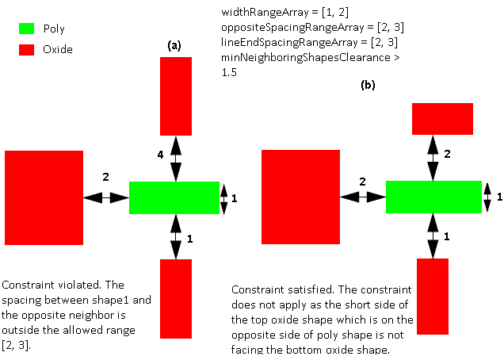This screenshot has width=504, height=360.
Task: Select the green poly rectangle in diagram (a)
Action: point(174,197)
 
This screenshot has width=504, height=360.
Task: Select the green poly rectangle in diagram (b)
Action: point(433,197)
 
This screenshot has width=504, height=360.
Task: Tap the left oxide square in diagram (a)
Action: point(44,197)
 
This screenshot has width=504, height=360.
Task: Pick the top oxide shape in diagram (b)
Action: point(442,119)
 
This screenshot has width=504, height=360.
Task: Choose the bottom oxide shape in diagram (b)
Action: point(433,296)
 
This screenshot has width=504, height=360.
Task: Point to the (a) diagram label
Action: point(174,47)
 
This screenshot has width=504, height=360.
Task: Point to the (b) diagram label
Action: point(368,84)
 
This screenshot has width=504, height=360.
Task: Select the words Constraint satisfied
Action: point(274,290)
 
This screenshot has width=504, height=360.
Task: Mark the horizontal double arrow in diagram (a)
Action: point(106,197)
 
